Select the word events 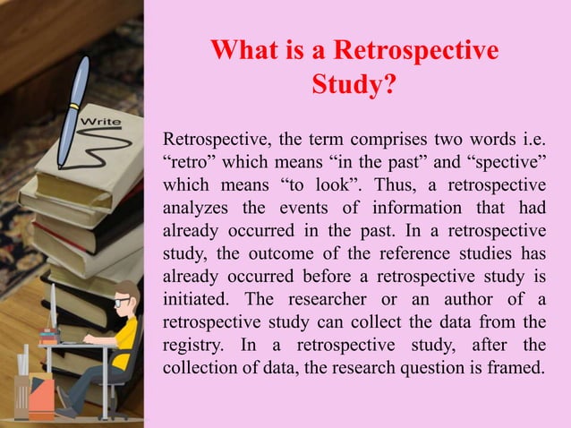click(x=304, y=209)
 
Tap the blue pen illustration click(x=74, y=112)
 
